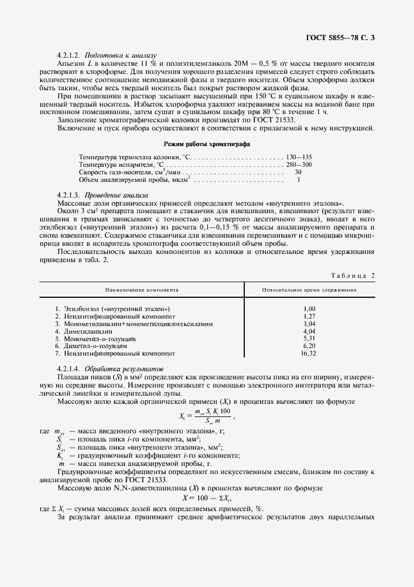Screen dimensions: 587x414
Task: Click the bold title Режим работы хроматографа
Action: click(x=207, y=144)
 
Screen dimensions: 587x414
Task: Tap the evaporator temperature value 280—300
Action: click(x=299, y=164)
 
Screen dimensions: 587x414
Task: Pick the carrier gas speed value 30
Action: click(x=298, y=172)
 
